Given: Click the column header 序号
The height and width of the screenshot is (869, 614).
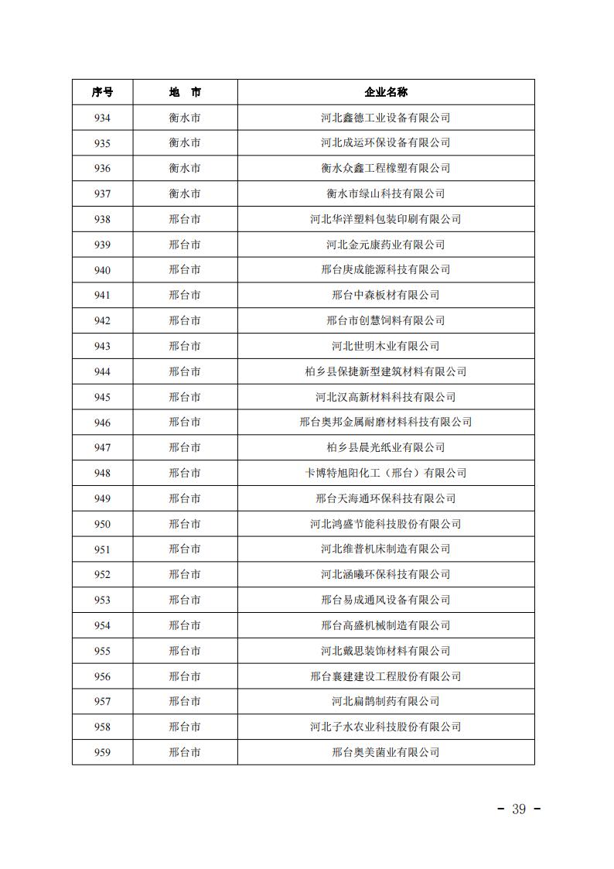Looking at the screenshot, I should [102, 92].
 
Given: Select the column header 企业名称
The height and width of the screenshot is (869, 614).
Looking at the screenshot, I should [385, 92].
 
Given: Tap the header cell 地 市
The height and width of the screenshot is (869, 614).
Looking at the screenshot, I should [185, 92].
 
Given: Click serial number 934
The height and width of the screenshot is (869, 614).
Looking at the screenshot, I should [102, 118].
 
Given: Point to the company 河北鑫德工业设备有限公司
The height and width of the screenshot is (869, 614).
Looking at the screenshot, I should [385, 118].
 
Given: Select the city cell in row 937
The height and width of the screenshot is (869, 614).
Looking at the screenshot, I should [185, 193].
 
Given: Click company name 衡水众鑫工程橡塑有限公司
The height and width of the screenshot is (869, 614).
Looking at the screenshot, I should [385, 168].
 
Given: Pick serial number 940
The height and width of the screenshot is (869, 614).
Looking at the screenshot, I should [102, 270].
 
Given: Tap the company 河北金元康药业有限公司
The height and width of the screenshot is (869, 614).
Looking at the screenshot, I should [385, 245].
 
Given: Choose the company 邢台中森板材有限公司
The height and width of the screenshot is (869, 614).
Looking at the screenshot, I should [385, 295].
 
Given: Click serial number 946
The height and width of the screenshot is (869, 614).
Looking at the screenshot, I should [102, 423].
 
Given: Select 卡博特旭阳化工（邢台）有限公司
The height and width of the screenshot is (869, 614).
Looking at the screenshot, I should [385, 473].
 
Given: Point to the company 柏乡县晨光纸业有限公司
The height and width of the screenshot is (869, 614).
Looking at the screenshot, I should [385, 447].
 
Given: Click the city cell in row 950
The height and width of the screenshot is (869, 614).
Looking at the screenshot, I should [185, 524].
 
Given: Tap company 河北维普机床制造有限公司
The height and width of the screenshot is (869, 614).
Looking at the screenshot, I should [385, 549].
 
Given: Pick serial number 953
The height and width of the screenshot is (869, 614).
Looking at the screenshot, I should [102, 600].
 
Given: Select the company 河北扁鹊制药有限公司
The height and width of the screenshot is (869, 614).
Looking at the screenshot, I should [385, 701].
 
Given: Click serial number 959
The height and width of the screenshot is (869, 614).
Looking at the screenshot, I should [102, 752].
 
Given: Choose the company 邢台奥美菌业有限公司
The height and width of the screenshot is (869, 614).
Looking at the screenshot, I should [385, 752].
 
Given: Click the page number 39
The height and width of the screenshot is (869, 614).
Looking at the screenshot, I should [518, 809].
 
